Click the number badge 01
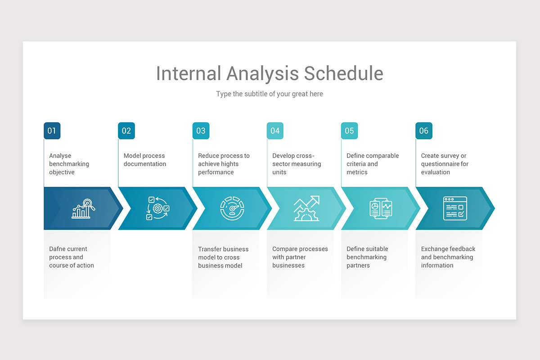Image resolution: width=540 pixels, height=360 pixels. click(52, 130)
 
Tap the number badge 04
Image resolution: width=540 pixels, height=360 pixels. click(275, 130)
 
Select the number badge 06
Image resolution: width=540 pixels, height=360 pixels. click(424, 130)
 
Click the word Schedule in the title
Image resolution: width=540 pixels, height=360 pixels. click(343, 73)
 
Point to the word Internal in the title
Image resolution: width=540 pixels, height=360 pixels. click(189, 73)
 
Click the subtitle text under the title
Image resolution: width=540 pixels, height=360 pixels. click(269, 94)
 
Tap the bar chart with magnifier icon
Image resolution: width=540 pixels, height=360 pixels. click(83, 208)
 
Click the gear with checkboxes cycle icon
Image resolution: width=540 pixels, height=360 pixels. click(157, 208)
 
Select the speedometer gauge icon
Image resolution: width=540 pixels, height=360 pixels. click(232, 208)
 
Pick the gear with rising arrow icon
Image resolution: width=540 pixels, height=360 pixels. click(306, 208)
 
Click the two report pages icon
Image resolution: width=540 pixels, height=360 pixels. click(381, 208)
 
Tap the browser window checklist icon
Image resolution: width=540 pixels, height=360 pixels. click(455, 208)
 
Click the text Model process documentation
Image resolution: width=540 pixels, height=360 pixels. click(144, 160)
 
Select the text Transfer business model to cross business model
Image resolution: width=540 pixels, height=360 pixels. click(223, 257)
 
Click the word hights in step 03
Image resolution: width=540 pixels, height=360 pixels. click(230, 164)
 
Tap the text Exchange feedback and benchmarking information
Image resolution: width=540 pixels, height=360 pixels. click(448, 257)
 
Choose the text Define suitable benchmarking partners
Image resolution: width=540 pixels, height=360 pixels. click(367, 257)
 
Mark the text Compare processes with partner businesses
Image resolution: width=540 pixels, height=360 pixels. click(300, 257)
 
